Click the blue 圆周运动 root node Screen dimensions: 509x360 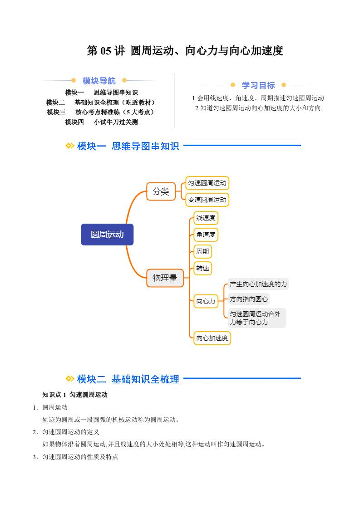click(107, 235)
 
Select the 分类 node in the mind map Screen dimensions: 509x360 click(161, 191)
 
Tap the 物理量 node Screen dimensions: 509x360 click(165, 278)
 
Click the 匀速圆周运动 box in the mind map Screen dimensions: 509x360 click(207, 183)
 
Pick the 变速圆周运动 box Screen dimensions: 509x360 click(207, 200)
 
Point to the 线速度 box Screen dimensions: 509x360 click(206, 218)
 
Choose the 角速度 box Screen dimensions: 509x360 click(206, 235)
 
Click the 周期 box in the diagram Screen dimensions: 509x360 click(202, 251)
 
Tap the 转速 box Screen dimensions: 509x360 click(202, 268)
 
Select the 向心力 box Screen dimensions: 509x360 click(206, 301)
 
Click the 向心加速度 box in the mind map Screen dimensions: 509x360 click(212, 338)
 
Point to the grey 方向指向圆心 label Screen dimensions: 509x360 click(249, 299)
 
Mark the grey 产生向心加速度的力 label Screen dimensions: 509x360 click(258, 284)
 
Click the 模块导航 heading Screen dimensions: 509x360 click(99, 81)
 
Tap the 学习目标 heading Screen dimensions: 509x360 click(258, 85)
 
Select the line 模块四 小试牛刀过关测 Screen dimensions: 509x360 click(101, 122)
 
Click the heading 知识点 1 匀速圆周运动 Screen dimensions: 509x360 click(75, 395)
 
